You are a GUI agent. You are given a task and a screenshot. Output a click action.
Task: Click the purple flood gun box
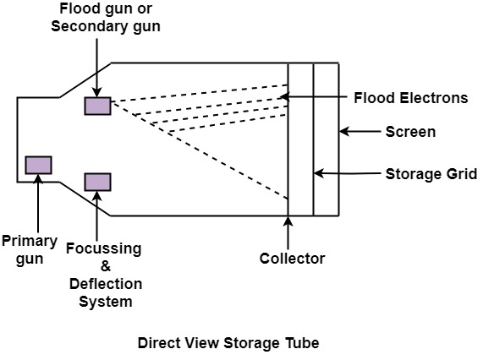(97, 106)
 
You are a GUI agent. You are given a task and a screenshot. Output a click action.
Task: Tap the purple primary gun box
(39, 166)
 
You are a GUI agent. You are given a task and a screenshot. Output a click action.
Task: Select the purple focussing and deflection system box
(97, 183)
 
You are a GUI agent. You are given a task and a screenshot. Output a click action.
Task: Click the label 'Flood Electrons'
(410, 98)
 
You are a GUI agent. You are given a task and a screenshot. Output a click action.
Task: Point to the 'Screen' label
(410, 132)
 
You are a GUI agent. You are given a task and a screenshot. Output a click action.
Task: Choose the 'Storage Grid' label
(431, 174)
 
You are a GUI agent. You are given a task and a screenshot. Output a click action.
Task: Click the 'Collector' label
(292, 259)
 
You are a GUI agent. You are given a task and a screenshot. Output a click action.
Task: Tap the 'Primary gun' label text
(30, 250)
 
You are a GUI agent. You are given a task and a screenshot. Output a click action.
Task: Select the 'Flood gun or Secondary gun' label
(106, 18)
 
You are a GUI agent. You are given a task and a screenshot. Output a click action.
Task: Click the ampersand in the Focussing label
(106, 266)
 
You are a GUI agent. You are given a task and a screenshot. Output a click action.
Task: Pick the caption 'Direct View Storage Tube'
(228, 343)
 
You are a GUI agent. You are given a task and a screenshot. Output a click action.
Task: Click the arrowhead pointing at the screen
(344, 131)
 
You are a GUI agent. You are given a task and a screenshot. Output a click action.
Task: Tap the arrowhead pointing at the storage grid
(319, 173)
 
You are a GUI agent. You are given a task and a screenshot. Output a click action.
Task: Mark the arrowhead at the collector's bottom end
(288, 221)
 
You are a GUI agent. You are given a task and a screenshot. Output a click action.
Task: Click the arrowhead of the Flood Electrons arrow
(285, 97)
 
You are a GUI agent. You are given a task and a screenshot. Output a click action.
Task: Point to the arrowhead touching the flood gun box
(97, 92)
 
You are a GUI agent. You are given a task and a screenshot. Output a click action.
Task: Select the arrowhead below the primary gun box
(38, 179)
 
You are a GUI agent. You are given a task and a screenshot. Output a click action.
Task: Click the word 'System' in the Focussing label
(106, 302)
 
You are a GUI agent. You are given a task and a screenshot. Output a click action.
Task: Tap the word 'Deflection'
(106, 284)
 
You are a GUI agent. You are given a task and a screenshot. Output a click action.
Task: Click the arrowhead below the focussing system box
(97, 196)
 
